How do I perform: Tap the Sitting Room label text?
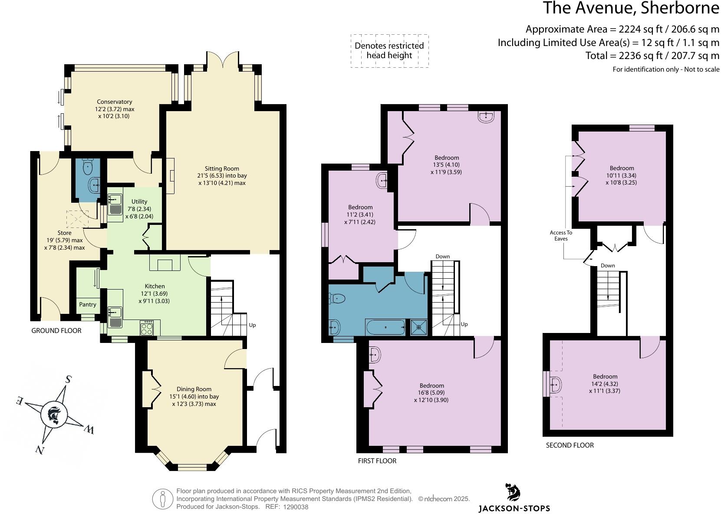[x=222, y=168]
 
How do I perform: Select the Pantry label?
[x=88, y=304]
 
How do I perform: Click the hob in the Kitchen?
[x=147, y=328]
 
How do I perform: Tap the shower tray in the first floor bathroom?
[x=419, y=327]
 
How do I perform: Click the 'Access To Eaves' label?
[x=561, y=236]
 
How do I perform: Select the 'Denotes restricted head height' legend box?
[x=389, y=51]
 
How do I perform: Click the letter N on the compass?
[x=40, y=449]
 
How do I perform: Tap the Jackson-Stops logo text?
[x=514, y=508]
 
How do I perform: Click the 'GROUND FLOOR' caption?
[x=56, y=331]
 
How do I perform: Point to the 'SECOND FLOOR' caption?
[x=570, y=445]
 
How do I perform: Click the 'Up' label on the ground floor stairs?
[x=252, y=325]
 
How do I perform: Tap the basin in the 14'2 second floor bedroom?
[x=555, y=384]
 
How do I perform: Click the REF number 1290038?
[x=296, y=507]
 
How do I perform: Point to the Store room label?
[x=65, y=233]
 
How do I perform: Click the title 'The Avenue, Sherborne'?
[x=631, y=8]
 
